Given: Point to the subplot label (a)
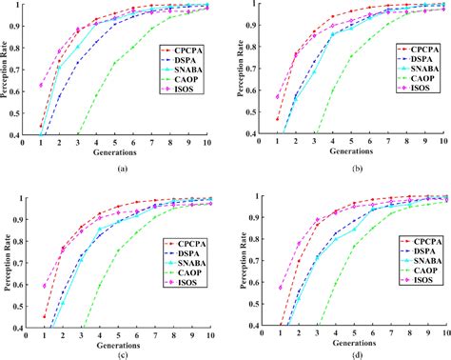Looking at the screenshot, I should pos(121,167).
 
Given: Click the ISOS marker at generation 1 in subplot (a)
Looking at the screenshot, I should pos(41,85).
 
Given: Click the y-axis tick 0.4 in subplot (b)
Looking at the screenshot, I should pos(253,134).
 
